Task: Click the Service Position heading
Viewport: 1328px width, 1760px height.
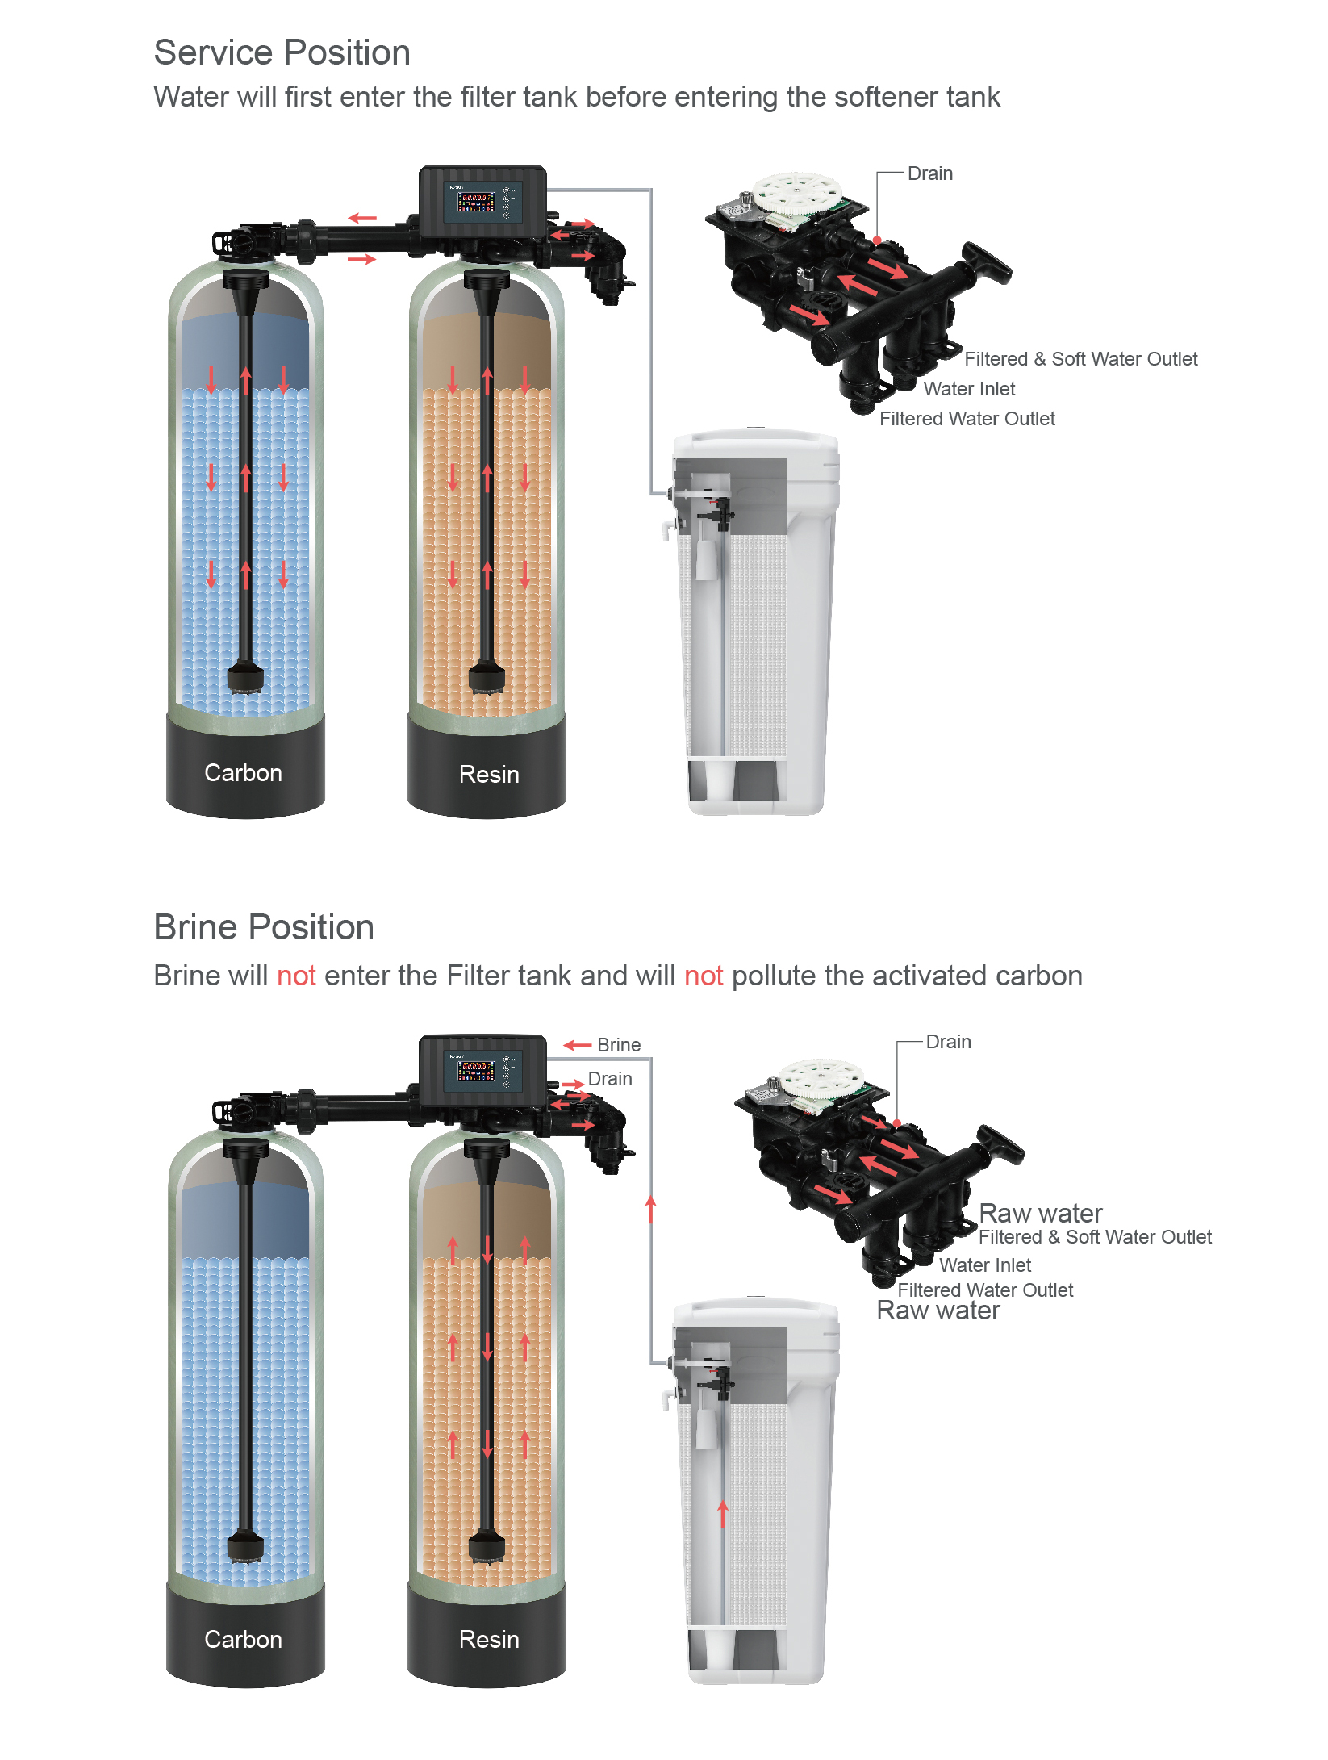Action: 282,53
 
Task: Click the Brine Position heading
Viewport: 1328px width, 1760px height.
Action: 264,927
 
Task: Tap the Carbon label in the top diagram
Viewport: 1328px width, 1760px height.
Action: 243,772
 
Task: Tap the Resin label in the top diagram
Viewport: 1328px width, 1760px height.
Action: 489,774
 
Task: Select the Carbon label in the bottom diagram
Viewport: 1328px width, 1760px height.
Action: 243,1639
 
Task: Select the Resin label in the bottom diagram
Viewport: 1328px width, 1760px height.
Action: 489,1639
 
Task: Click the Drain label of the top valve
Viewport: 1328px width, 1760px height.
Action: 930,173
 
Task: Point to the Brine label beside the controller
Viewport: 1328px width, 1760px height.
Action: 619,1045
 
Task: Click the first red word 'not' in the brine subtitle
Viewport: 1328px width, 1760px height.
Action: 296,976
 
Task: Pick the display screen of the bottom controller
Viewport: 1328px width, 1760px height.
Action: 476,1071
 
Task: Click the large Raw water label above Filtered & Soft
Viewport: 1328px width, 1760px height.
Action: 1041,1213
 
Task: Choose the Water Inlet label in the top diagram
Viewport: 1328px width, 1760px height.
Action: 969,389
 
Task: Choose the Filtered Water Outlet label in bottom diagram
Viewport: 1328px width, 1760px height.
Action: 985,1290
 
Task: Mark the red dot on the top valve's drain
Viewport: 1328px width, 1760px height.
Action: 877,240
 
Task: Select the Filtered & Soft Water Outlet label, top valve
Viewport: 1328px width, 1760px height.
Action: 1081,359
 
